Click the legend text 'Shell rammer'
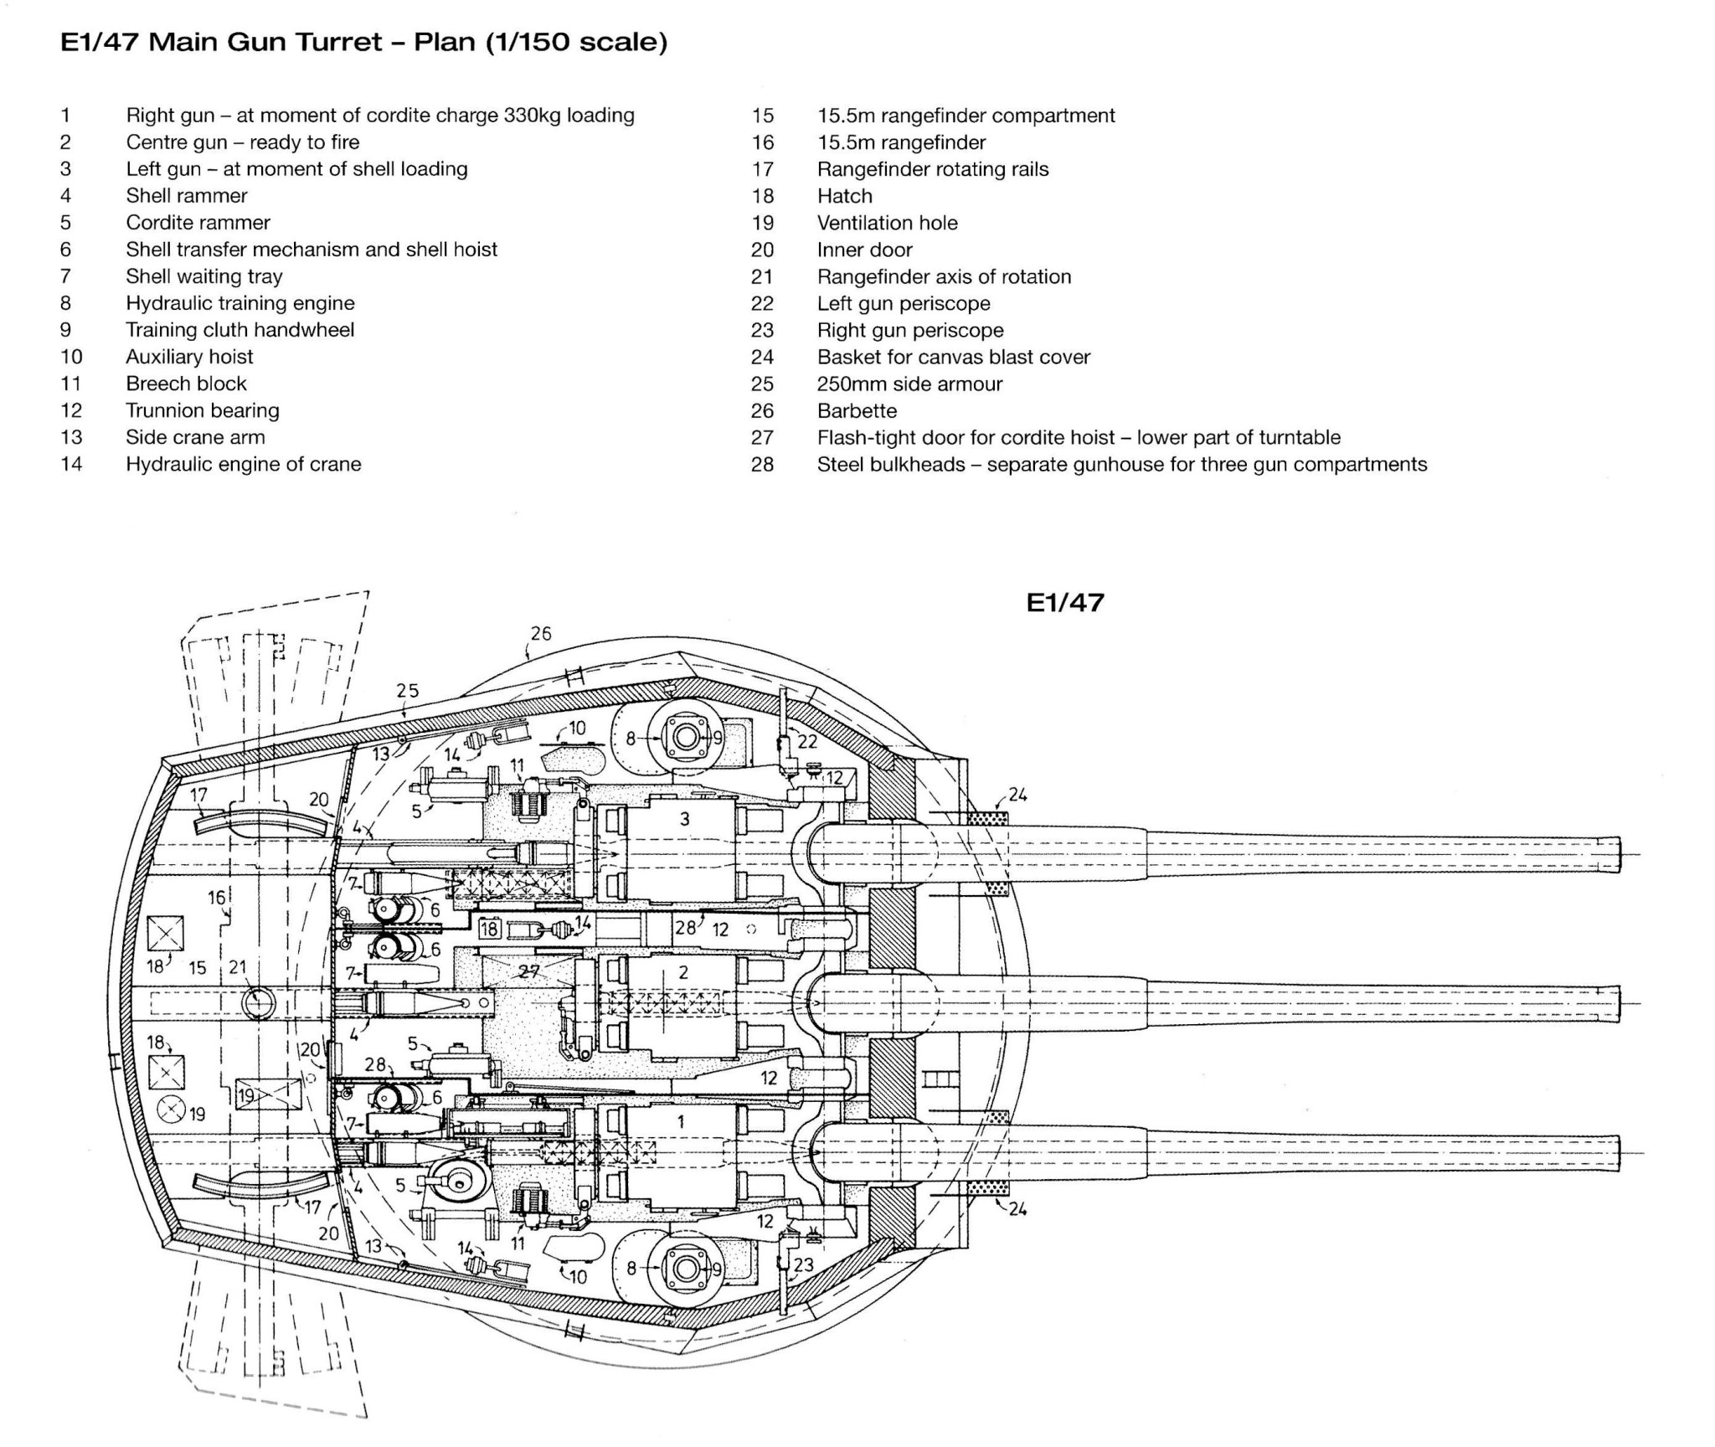187,196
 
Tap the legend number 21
762,276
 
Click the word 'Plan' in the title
445,41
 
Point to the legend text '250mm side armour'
909,384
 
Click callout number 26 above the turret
541,634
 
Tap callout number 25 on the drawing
408,691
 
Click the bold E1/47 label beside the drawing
1065,602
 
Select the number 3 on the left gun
684,819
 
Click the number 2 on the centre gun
683,972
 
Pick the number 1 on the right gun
681,1121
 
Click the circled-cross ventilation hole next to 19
172,1110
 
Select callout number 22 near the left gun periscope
807,742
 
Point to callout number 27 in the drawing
529,972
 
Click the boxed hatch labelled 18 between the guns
489,928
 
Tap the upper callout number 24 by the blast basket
1017,795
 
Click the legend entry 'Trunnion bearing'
203,410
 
